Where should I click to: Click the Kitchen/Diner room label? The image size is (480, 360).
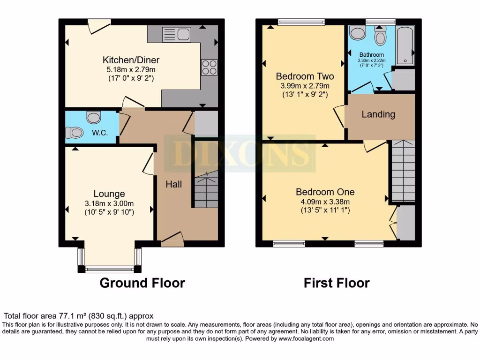click(x=131, y=60)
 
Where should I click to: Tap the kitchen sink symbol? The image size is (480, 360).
click(x=176, y=34)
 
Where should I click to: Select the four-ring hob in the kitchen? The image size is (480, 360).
click(x=209, y=67)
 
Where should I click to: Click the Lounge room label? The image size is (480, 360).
click(x=109, y=194)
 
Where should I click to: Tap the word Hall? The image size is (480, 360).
click(x=173, y=185)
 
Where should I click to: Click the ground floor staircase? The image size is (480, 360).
click(x=206, y=189)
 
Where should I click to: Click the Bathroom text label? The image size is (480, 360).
click(x=371, y=55)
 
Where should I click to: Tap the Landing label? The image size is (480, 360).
click(x=378, y=114)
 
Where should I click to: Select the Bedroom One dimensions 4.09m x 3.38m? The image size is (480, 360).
click(x=324, y=202)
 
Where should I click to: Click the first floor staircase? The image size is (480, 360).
click(x=403, y=171)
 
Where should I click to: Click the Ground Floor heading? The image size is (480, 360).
click(x=142, y=283)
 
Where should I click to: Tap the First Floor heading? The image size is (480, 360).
click(x=337, y=283)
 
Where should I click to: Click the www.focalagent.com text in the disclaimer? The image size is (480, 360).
click(x=307, y=338)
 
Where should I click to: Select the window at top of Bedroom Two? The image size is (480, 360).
click(x=301, y=21)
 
